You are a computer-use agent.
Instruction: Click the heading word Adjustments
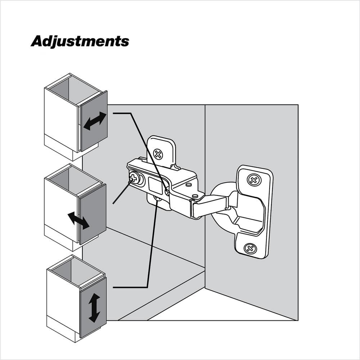tap(80, 41)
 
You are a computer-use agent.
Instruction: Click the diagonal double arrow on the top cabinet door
tap(95, 121)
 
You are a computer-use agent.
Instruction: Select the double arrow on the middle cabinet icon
tap(78, 221)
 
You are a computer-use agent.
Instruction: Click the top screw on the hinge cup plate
tap(254, 180)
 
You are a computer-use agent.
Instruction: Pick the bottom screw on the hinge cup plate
tap(250, 248)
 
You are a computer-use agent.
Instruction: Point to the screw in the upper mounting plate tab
tap(158, 154)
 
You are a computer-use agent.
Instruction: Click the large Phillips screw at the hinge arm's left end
tap(134, 177)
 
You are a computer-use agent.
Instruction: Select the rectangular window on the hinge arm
tap(155, 185)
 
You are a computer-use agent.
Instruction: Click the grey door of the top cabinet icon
tap(94, 121)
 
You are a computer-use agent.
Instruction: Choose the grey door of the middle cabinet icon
tap(93, 214)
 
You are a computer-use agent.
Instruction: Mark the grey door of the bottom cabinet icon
tap(93, 308)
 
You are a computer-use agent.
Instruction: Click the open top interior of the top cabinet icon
tap(75, 90)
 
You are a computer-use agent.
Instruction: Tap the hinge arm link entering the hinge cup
tap(209, 207)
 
